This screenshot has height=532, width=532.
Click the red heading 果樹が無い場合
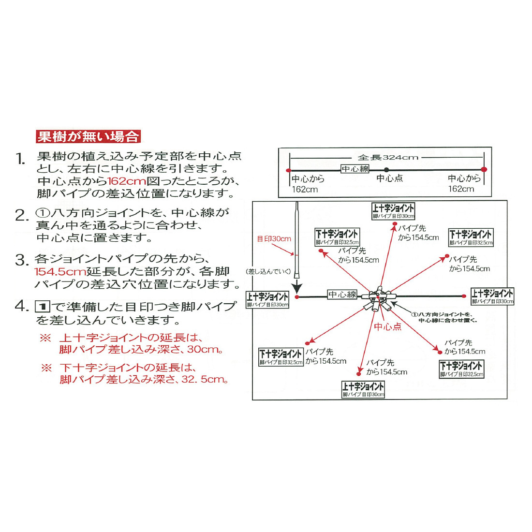pyautogui.click(x=88, y=136)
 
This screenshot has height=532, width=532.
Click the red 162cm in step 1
pyautogui.click(x=126, y=181)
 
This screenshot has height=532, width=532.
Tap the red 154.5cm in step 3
pyautogui.click(x=60, y=271)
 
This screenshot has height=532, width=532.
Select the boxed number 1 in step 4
pyautogui.click(x=43, y=307)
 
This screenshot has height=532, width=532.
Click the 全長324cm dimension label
pyautogui.click(x=387, y=158)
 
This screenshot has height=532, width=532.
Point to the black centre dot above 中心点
pyautogui.click(x=386, y=170)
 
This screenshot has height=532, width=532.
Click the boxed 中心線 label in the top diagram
pyautogui.click(x=355, y=169)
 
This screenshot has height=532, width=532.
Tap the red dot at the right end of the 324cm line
pyautogui.click(x=484, y=169)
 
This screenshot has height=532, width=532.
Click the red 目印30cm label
pyautogui.click(x=274, y=239)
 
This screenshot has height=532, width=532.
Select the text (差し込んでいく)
pyautogui.click(x=268, y=271)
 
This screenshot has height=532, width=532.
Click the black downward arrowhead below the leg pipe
pyautogui.click(x=297, y=288)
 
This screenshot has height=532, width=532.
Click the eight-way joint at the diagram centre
pyautogui.click(x=378, y=298)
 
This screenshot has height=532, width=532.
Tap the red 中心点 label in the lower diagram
pyautogui.click(x=387, y=326)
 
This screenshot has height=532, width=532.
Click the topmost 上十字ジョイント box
pyautogui.click(x=393, y=211)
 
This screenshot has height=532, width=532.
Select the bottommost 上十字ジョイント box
pyautogui.click(x=363, y=389)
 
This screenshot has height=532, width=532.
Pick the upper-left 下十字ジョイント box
pyautogui.click(x=337, y=237)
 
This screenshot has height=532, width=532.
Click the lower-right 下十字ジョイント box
pyautogui.click(x=461, y=369)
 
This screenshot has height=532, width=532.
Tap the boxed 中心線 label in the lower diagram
pyautogui.click(x=342, y=295)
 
